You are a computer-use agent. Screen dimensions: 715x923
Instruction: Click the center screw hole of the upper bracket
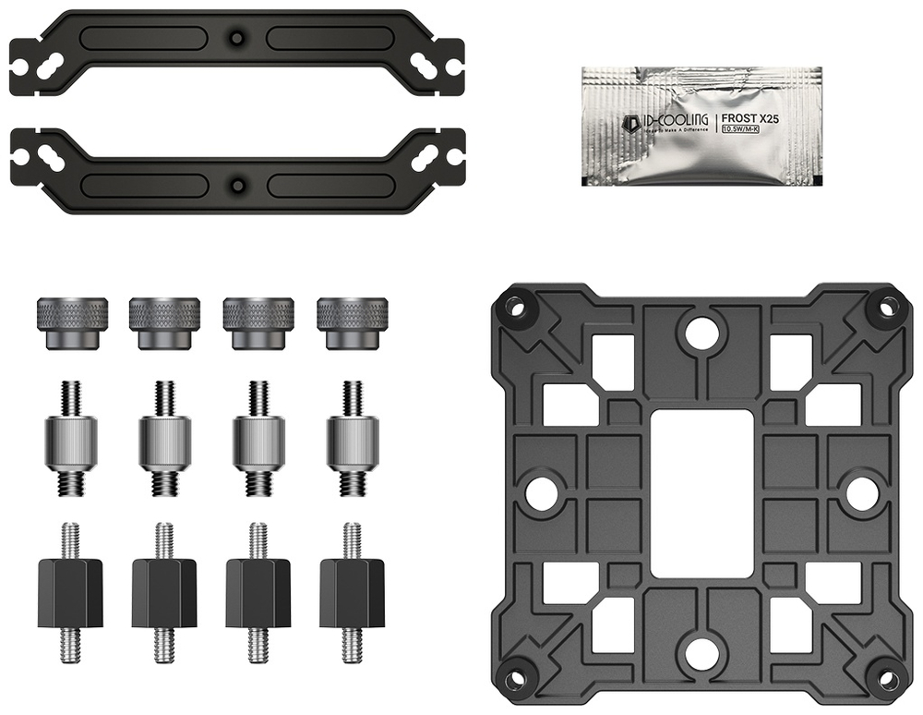[x=238, y=38]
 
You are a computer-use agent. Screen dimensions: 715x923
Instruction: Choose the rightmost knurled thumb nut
[x=353, y=322]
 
